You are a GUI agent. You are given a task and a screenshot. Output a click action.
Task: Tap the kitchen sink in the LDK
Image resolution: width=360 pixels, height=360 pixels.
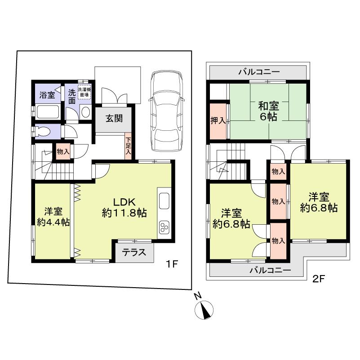164,200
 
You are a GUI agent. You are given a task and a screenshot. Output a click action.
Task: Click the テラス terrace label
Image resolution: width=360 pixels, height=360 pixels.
135,252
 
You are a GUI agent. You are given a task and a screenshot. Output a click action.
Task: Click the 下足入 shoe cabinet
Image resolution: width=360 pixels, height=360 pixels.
129,146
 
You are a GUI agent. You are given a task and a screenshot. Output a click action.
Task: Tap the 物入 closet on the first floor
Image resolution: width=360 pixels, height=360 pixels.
63,151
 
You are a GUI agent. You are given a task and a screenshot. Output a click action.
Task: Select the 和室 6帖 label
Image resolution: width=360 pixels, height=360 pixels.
268,111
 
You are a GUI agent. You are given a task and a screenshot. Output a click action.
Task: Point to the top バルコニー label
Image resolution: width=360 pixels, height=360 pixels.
259,72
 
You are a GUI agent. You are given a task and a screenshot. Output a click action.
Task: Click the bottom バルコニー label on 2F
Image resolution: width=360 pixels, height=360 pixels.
270,271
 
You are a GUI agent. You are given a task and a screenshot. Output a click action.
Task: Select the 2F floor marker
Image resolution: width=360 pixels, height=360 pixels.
318,278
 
